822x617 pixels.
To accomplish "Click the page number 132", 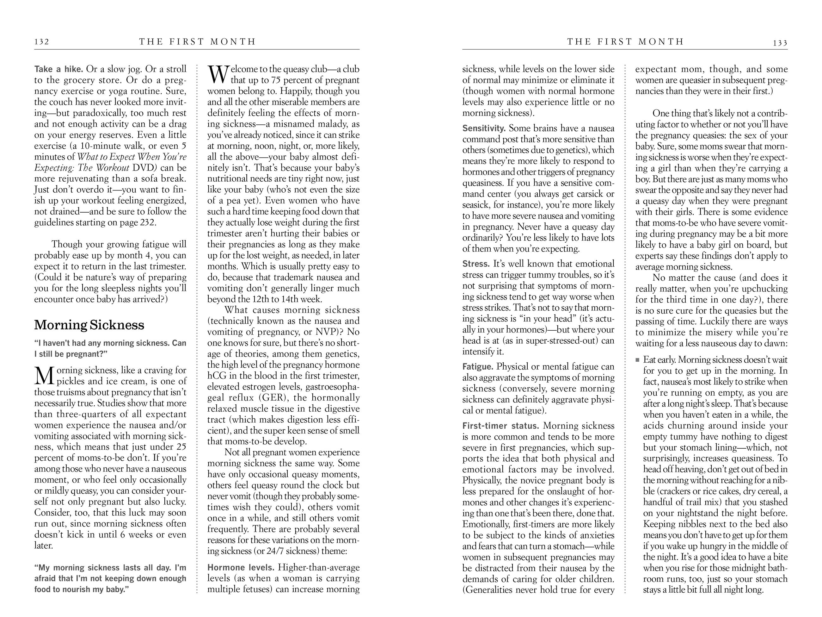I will tap(42, 42).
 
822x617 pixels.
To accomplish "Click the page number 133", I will tap(780, 43).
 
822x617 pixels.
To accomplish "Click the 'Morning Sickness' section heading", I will tap(89, 325).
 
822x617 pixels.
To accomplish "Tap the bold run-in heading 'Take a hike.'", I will tap(58, 69).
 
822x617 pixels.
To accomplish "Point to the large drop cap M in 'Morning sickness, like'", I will tap(45, 376).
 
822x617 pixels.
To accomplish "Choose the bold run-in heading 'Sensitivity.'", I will tap(484, 128).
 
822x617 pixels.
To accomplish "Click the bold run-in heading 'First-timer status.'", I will tap(500, 426).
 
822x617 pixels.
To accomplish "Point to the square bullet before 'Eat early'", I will tap(638, 360).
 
